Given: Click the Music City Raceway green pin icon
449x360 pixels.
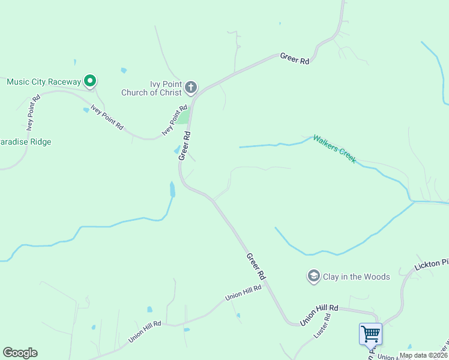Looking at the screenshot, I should point(90,80).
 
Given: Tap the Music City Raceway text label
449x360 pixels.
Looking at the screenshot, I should point(44,81).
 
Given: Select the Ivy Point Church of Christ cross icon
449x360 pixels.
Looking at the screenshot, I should point(190,88).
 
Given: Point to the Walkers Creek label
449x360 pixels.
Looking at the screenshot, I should point(334,149).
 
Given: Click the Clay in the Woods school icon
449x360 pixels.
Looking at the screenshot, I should point(313,277).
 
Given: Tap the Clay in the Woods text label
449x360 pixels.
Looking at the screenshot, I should point(357,277).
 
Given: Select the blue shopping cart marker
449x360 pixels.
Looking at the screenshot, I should point(370,333).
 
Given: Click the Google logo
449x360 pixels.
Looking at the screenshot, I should point(20,353).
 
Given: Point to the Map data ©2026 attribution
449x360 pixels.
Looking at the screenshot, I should point(423,355).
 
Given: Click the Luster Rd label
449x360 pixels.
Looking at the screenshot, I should point(323,324).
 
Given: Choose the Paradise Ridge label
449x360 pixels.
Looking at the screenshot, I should point(26,142).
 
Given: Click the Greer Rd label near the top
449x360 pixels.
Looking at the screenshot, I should point(294,58).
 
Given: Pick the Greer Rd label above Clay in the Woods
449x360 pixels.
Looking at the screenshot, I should point(256,266).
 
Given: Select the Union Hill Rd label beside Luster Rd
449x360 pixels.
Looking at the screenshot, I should point(319,314).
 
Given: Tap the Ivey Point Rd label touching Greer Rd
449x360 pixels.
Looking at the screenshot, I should point(175,121).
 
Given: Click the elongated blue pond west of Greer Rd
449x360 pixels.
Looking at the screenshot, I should point(172,190).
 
